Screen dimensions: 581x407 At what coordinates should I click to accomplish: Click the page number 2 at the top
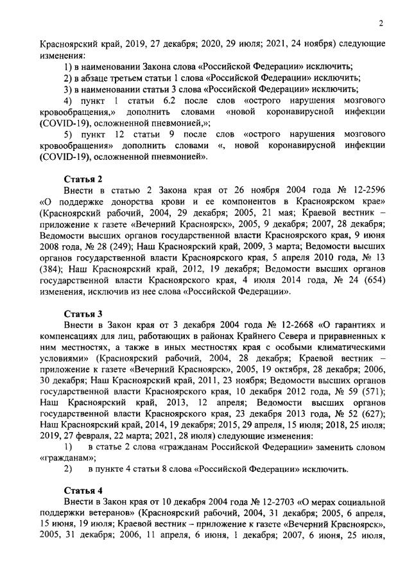(381, 24)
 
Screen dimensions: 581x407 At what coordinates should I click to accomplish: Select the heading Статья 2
(83, 178)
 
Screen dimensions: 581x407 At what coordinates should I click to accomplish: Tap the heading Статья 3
(83, 313)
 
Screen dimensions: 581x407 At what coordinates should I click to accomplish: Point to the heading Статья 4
(83, 490)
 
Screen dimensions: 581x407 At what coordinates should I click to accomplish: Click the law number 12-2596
(365, 190)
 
